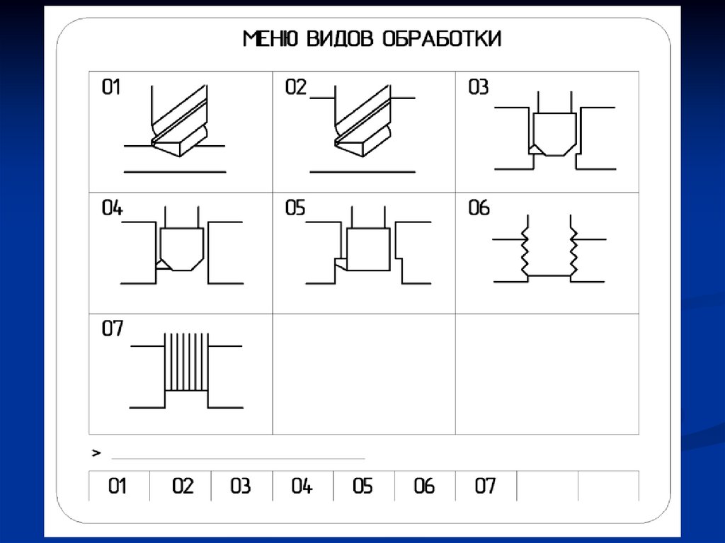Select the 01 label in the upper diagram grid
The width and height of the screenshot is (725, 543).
tap(112, 88)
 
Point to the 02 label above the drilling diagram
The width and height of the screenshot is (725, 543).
tap(296, 88)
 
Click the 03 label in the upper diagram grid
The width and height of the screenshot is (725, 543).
tap(479, 88)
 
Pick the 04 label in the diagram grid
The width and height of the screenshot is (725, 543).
tap(112, 209)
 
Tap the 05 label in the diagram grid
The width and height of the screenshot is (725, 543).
tap(295, 209)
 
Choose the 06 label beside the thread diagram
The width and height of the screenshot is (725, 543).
tap(479, 209)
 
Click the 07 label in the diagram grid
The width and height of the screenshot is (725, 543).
tap(112, 329)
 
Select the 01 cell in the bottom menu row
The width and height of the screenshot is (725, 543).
tap(118, 486)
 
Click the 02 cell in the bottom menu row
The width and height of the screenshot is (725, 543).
tap(182, 486)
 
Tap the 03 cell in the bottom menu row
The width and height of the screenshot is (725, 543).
tap(241, 486)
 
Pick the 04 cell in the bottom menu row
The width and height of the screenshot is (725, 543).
tap(302, 486)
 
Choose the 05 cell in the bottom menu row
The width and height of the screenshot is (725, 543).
tap(362, 486)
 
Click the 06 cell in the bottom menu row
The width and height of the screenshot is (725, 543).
tap(424, 486)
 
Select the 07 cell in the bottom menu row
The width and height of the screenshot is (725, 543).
tap(486, 486)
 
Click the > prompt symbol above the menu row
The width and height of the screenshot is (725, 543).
tap(96, 452)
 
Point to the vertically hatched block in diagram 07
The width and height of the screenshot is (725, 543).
tap(186, 362)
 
